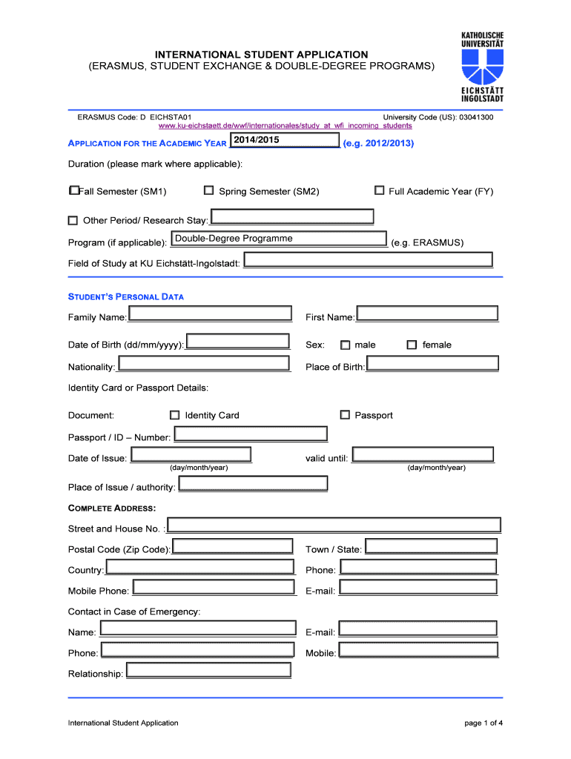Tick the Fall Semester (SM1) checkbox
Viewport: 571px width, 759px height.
[x=73, y=191]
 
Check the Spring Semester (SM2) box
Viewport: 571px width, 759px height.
[x=209, y=191]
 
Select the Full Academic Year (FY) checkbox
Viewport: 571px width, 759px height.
[x=380, y=190]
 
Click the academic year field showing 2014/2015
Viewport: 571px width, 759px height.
[x=285, y=141]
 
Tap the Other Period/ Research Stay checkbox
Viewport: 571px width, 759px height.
[x=73, y=220]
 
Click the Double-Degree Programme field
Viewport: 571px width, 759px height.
[x=279, y=239]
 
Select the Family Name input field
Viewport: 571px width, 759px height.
[x=211, y=314]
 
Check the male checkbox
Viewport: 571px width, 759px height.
[x=345, y=345]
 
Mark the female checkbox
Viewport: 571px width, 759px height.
[x=412, y=345]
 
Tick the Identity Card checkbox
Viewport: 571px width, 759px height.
[x=175, y=415]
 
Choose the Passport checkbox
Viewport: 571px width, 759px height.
[x=345, y=415]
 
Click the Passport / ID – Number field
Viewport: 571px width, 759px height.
[x=251, y=434]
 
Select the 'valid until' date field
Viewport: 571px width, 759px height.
[x=423, y=455]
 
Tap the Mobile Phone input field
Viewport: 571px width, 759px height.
[x=212, y=588]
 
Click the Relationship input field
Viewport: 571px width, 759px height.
[x=209, y=671]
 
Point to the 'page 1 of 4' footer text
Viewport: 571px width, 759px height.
[x=483, y=723]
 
